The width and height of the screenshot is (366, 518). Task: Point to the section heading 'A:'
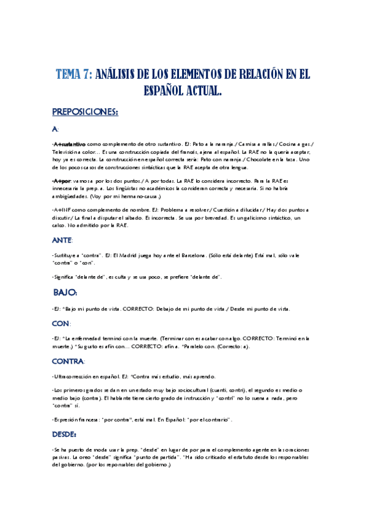[56, 129]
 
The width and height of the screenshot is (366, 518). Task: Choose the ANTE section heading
[64, 241]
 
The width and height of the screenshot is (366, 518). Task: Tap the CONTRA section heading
[68, 362]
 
